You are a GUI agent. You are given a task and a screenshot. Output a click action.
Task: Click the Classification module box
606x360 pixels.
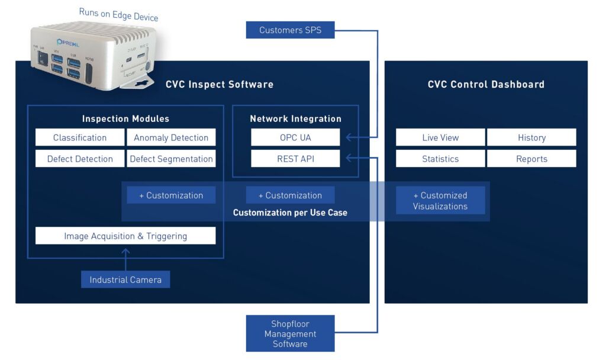(x=80, y=137)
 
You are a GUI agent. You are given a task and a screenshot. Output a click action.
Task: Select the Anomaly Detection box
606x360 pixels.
(x=171, y=137)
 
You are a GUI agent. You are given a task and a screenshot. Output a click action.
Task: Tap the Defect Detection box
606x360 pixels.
(x=80, y=159)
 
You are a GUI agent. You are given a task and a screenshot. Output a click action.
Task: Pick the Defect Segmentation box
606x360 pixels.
(x=171, y=159)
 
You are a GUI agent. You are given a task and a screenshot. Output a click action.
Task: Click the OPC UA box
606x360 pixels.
(x=295, y=137)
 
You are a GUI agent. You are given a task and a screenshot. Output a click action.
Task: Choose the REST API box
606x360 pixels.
(x=295, y=159)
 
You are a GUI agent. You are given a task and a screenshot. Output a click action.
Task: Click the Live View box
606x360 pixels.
(x=440, y=137)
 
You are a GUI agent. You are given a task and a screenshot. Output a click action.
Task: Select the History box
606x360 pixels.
(x=531, y=137)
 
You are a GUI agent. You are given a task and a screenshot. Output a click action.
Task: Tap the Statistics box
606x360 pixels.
(x=440, y=159)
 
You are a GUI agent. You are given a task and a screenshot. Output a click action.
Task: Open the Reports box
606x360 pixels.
(x=531, y=159)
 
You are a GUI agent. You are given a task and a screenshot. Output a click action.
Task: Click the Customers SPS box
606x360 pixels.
(x=290, y=30)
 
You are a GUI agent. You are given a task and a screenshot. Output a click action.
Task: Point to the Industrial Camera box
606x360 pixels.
(x=125, y=279)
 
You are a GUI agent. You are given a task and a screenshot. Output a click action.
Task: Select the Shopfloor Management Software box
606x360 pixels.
(x=290, y=333)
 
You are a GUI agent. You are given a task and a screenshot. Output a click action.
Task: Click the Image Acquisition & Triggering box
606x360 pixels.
(x=125, y=236)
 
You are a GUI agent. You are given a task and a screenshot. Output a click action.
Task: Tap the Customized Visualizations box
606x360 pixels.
(x=440, y=201)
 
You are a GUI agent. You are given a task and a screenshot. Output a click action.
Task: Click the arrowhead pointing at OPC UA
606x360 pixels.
(x=349, y=137)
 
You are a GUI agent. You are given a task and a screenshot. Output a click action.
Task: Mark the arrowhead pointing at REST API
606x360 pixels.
(x=349, y=157)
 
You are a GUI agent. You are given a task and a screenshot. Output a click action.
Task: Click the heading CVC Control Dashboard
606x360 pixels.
(x=486, y=84)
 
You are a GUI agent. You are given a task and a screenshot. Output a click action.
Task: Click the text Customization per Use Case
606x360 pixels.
(x=290, y=212)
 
